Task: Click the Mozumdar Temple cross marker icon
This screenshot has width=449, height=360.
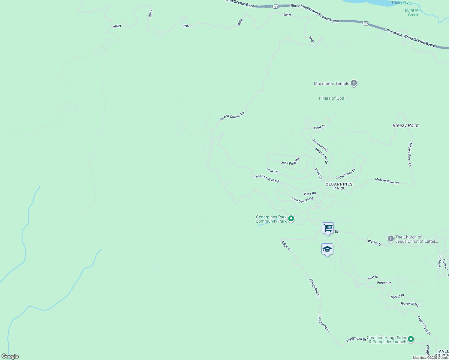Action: (x=354, y=83)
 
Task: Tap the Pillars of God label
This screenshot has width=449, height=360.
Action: (x=331, y=98)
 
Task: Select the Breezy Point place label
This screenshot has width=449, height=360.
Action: (x=405, y=125)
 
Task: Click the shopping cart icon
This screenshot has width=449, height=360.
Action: (x=328, y=228)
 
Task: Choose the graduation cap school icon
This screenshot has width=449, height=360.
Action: (x=327, y=249)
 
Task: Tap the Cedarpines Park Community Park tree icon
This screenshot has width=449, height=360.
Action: (x=291, y=219)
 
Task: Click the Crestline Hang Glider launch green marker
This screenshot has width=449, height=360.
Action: (x=411, y=339)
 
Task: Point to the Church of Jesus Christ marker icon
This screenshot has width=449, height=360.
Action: (x=390, y=239)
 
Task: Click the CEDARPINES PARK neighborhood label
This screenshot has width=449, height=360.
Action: (x=339, y=186)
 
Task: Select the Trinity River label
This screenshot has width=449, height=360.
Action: (x=402, y=3)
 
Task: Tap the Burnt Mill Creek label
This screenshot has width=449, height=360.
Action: (x=413, y=12)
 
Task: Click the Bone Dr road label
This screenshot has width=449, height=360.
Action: (x=320, y=127)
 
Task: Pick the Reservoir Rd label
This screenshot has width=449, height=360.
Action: (x=320, y=145)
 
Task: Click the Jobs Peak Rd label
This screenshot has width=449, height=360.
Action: (x=290, y=161)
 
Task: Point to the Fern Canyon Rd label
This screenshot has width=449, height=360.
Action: (x=303, y=199)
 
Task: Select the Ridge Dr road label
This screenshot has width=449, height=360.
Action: (x=286, y=245)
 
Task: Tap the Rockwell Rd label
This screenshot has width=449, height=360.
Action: (x=409, y=304)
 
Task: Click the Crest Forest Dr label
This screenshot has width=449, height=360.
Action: (x=424, y=325)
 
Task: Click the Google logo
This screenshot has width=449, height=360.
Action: (x=10, y=356)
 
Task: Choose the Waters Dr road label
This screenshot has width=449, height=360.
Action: (x=375, y=243)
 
